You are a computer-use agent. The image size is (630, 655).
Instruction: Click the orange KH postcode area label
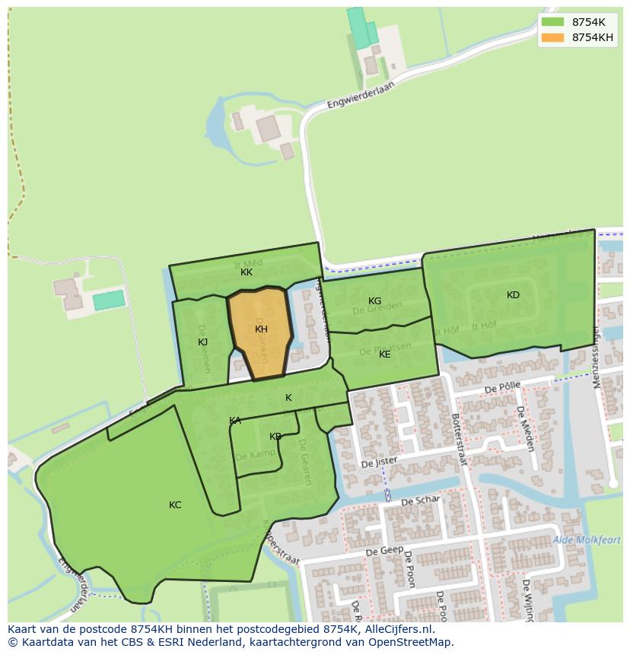[x=261, y=329]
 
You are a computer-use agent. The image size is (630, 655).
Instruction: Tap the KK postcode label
[x=247, y=272]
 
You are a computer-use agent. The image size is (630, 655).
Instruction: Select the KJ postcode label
[x=202, y=342]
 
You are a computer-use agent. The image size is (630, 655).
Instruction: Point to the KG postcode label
[x=374, y=301]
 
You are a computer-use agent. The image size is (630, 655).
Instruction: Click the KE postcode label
[x=384, y=355]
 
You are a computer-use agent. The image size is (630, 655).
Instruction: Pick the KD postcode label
[x=513, y=295]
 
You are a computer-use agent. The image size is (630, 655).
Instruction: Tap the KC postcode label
[x=175, y=505]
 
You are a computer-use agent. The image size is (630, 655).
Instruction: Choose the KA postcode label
[x=235, y=421]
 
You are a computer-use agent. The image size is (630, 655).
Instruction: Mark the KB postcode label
[x=275, y=437]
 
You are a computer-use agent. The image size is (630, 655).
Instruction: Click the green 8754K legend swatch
[x=552, y=22]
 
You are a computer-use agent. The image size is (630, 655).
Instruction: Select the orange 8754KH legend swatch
[x=552, y=37]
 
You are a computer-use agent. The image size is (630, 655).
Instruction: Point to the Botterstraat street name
[x=458, y=440]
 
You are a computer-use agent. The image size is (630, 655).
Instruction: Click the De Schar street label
[x=420, y=501]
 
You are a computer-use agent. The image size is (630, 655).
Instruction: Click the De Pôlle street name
[x=501, y=388]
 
